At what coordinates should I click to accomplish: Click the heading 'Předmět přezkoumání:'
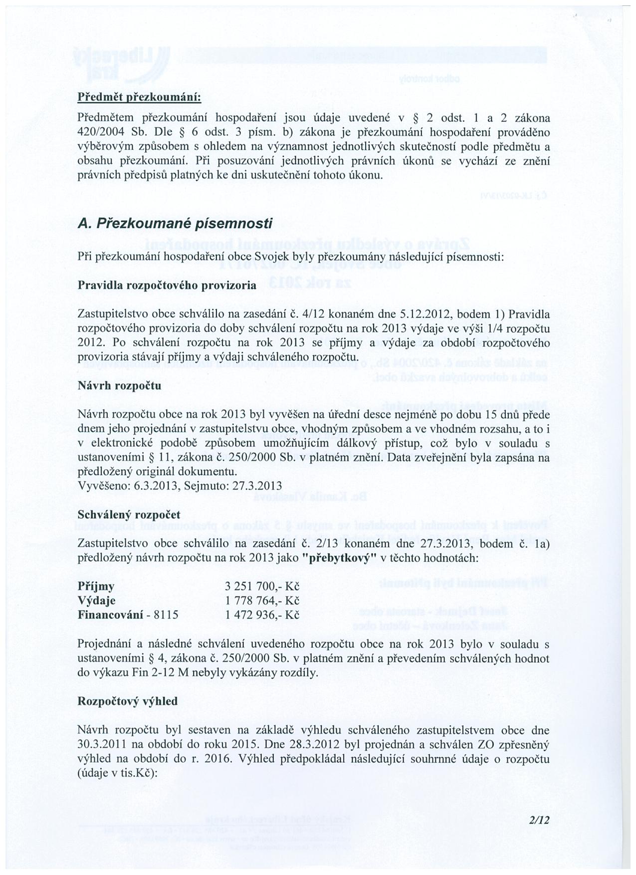click(139, 96)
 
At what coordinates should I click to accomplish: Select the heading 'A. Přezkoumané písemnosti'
click(175, 224)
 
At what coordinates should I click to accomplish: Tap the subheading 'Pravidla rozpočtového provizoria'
click(167, 286)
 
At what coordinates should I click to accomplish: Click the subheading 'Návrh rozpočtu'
click(119, 386)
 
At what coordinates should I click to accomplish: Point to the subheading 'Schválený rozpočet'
click(129, 515)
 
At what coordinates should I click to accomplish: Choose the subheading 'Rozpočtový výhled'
click(128, 701)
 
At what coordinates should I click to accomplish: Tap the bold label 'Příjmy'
click(96, 586)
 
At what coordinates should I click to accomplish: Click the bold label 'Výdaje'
click(97, 600)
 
